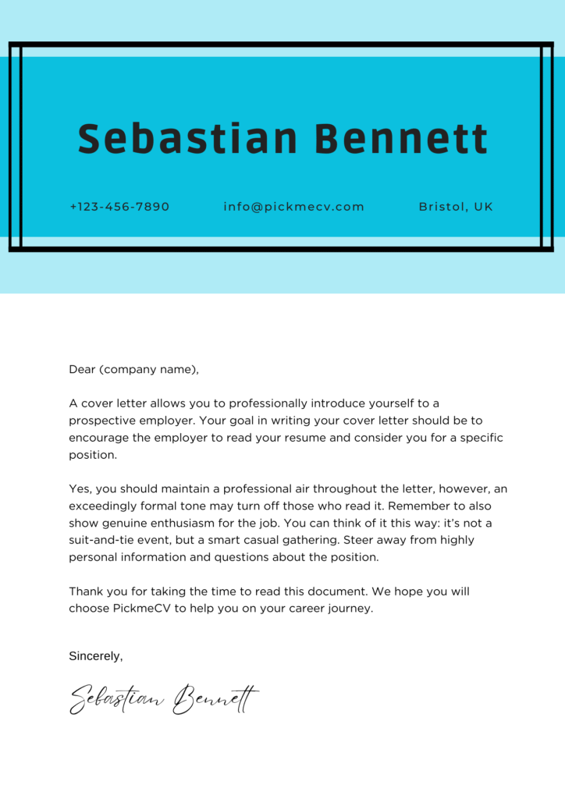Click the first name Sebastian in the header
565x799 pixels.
(x=187, y=139)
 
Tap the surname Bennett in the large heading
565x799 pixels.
(x=401, y=139)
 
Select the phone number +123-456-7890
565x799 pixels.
(x=119, y=207)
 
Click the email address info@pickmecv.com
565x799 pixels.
(x=293, y=207)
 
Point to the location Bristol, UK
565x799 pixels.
(x=456, y=207)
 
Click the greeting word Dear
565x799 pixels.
(x=82, y=369)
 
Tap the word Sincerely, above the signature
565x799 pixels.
(x=96, y=656)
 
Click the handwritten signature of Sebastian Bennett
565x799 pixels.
(x=164, y=698)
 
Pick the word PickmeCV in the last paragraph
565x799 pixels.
(x=139, y=608)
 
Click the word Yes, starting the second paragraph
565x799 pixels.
(x=81, y=488)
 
